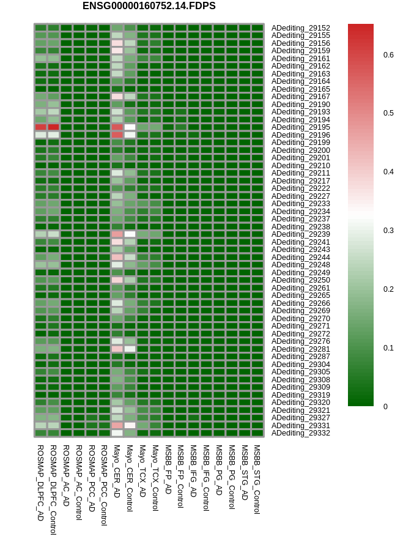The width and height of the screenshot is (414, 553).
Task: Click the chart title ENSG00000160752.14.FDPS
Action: click(149, 6)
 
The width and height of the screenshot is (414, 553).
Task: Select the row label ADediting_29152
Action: click(300, 28)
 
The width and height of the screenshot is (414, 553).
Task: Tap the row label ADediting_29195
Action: click(300, 127)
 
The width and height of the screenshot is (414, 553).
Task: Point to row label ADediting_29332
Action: click(300, 433)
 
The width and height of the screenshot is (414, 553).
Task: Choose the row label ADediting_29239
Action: click(300, 234)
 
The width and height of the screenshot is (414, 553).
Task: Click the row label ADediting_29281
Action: click(300, 349)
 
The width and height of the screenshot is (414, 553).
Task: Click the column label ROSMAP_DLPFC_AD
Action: click(40, 483)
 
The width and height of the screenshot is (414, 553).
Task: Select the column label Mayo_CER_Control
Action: click(130, 478)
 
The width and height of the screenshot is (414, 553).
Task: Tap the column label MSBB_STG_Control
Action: click(257, 480)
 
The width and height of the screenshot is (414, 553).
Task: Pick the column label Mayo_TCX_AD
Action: click(142, 471)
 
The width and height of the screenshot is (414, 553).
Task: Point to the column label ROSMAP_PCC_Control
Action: click(105, 485)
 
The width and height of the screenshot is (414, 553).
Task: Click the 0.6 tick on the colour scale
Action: click(388, 55)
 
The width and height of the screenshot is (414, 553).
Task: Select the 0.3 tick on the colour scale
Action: click(388, 231)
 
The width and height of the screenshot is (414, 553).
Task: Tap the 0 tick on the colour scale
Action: click(385, 407)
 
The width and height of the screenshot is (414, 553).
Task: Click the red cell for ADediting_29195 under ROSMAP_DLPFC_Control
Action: click(54, 127)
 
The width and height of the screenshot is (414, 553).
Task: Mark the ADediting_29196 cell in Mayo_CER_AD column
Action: click(117, 135)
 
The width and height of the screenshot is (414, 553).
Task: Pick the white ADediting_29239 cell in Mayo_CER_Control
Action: click(130, 234)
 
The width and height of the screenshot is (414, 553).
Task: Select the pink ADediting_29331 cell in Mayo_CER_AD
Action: click(117, 425)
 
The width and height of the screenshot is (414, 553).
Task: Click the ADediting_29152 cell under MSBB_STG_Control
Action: click(257, 28)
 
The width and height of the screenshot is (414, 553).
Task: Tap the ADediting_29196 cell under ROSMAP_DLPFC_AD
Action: click(40, 135)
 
